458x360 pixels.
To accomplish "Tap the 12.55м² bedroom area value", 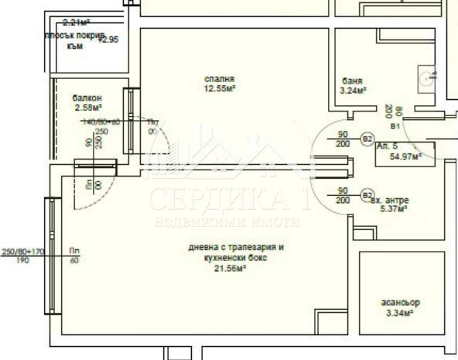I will click(x=220, y=88).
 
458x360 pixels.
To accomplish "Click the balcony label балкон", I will click(x=87, y=98).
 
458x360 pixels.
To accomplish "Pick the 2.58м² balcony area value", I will click(x=89, y=108).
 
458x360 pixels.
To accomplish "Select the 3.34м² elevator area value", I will click(x=399, y=313).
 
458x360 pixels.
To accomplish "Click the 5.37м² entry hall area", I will click(x=395, y=209).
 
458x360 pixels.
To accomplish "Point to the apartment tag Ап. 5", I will click(x=387, y=146).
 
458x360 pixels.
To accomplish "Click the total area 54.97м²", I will click(x=405, y=156).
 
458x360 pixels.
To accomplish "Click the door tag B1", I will click(x=395, y=125).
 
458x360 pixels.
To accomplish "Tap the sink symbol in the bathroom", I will click(x=428, y=76).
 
